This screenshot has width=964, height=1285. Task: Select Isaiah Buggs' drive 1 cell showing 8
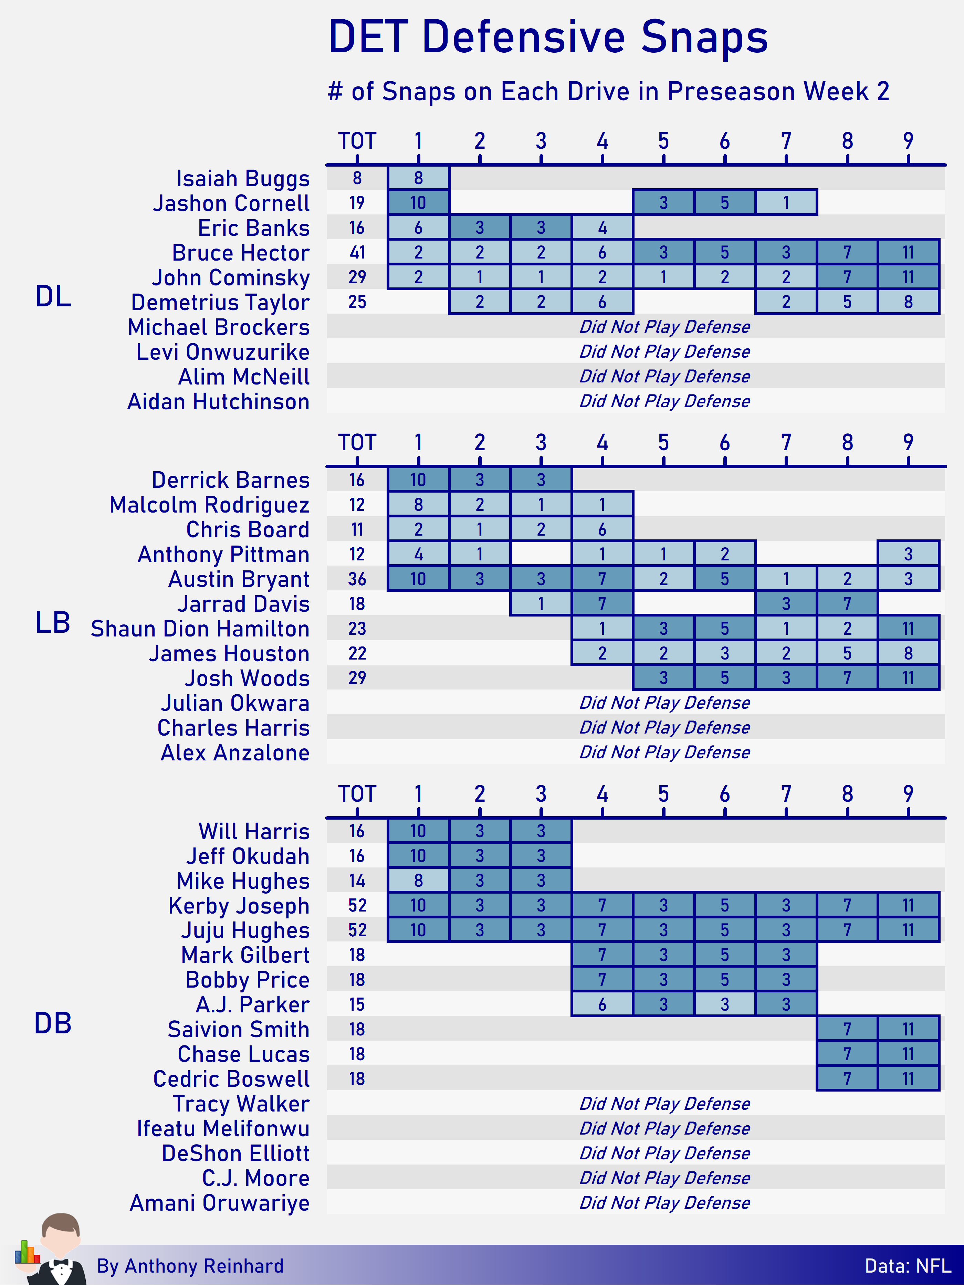click(x=418, y=178)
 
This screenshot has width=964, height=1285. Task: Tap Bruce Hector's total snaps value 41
click(x=357, y=252)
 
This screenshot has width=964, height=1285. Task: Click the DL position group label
click(x=53, y=296)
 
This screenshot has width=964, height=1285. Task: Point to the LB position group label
click(x=53, y=623)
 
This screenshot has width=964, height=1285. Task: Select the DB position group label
click(x=53, y=1023)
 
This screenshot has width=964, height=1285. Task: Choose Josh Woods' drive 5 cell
click(x=663, y=677)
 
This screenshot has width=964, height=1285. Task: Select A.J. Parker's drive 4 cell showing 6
click(x=602, y=1004)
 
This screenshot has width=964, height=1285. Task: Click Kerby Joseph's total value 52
click(x=357, y=905)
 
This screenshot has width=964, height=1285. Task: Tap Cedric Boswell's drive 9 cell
click(x=908, y=1079)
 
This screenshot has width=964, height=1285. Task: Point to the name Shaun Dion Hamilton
click(x=200, y=629)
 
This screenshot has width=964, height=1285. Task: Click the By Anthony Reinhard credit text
click(x=190, y=1266)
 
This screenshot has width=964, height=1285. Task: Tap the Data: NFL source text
click(x=908, y=1266)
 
